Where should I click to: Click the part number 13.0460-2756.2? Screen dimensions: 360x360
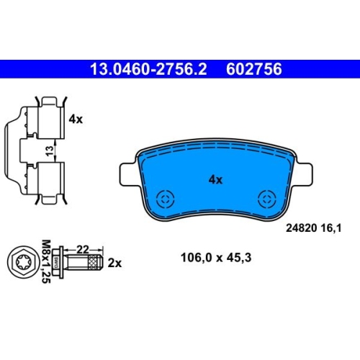click(148, 69)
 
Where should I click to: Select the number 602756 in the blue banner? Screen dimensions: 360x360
click(254, 69)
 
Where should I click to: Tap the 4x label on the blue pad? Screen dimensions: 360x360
click(215, 179)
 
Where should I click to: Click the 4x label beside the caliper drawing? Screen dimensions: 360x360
click(76, 119)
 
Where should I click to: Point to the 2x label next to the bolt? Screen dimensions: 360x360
click(114, 264)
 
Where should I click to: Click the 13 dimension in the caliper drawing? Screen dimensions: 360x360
click(50, 150)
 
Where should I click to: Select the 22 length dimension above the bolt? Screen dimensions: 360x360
click(83, 250)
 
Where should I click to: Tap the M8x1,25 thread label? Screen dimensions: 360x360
click(46, 261)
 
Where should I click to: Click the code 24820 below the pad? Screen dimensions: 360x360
click(301, 228)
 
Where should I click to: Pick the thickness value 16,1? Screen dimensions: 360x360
click(330, 228)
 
